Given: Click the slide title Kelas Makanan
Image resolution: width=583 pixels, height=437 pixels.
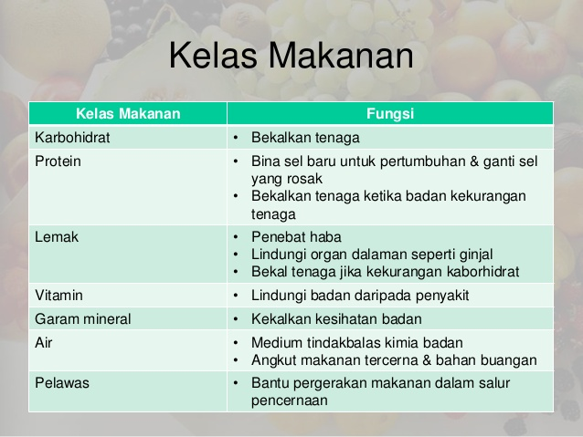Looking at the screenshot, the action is tap(291, 56).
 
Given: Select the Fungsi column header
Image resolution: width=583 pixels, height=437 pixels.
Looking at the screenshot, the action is tap(390, 114).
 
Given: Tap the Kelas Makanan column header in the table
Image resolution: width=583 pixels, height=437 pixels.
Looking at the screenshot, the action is tap(128, 114).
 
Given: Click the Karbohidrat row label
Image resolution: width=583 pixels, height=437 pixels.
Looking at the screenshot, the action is tap(72, 138).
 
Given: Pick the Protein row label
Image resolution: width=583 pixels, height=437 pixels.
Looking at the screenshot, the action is tap(58, 161).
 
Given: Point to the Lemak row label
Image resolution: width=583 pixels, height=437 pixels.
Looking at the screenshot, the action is tap(57, 237).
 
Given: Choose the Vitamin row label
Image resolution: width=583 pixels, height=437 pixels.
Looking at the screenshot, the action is tap(58, 296).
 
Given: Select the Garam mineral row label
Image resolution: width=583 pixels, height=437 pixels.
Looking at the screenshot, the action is tap(83, 319).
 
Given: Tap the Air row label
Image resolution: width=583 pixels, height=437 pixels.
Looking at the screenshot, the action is tap(44, 343).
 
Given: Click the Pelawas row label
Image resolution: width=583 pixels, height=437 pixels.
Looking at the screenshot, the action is tap(62, 383).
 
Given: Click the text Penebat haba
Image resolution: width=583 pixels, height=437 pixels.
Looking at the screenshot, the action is tap(296, 237).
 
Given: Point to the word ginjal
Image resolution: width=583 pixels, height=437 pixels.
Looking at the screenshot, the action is tap(476, 255).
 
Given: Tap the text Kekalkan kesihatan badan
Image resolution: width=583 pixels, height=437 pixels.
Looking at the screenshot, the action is tap(336, 319).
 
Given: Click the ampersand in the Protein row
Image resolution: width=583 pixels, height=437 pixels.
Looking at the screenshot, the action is tap(474, 161).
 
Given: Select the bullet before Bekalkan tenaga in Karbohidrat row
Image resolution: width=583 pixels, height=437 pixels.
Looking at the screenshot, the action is tap(236, 138).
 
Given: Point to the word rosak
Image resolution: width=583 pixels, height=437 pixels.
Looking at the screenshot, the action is tap(306, 180).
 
